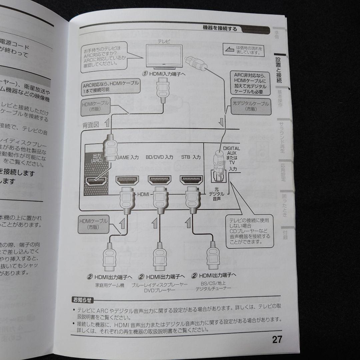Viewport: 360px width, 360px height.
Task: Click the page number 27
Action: pyautogui.click(x=277, y=340)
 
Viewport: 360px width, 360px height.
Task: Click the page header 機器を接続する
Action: pyautogui.click(x=220, y=28)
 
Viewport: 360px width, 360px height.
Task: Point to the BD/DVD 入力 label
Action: pyautogui.click(x=159, y=157)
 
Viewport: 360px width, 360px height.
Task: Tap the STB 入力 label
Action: pyautogui.click(x=191, y=157)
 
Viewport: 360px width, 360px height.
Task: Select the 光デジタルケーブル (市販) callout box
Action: pyautogui.click(x=251, y=106)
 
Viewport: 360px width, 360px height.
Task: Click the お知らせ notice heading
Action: pyautogui.click(x=83, y=299)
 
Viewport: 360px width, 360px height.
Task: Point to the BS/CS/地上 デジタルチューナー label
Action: pyautogui.click(x=213, y=286)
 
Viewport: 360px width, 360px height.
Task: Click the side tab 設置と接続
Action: pyautogui.click(x=279, y=70)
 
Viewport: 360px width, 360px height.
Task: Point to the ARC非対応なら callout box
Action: pyautogui.click(x=250, y=83)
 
